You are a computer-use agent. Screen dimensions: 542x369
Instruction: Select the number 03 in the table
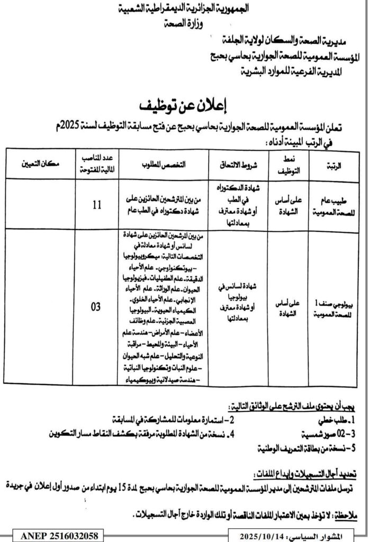point(96,306)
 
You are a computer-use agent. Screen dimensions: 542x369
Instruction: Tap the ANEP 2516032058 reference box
point(52,536)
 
